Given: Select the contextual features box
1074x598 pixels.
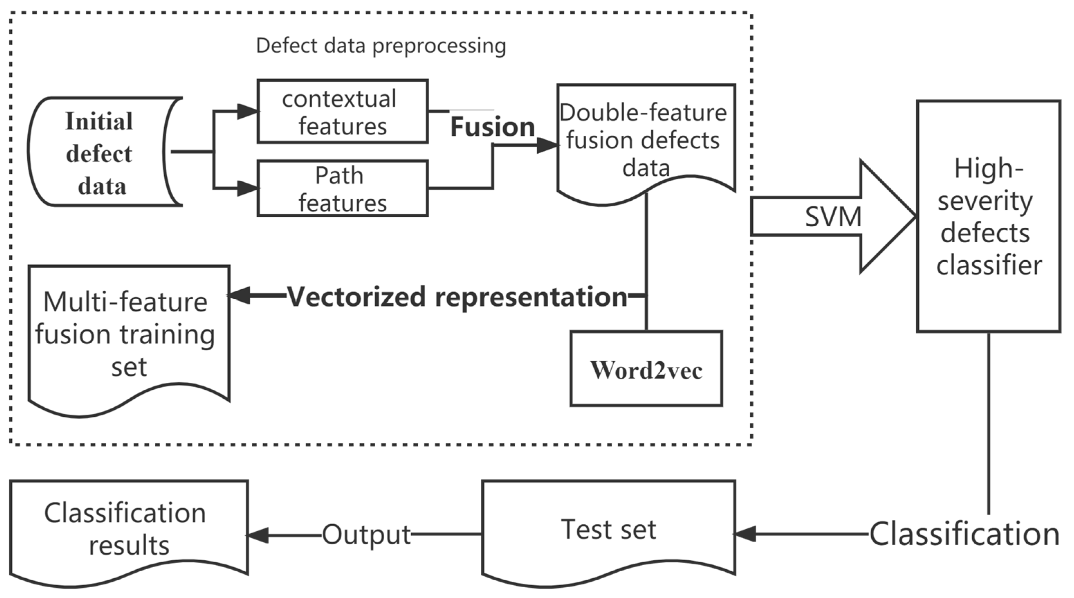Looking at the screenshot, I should [x=342, y=112].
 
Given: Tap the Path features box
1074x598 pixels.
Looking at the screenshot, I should [x=342, y=189].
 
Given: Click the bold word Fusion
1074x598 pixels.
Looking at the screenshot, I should [x=493, y=127].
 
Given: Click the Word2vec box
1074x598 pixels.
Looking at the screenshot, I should [x=646, y=369].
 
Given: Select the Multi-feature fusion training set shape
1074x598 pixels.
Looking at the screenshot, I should [x=128, y=334].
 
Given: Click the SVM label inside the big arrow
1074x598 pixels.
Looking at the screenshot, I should [x=833, y=217].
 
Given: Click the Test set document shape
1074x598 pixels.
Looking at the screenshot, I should [x=609, y=529].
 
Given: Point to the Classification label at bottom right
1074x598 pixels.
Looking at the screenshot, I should [x=964, y=534].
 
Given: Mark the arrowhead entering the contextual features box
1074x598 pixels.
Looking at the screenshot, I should [x=248, y=111].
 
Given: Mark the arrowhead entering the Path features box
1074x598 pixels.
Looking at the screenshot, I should [x=248, y=188].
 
